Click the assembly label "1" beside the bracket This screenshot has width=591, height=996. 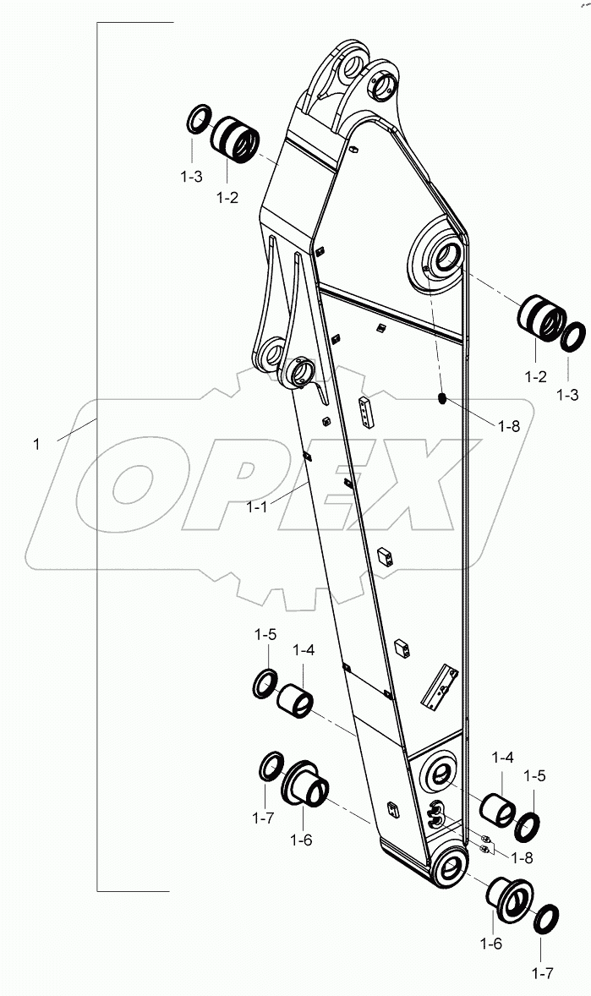pyautogui.click(x=36, y=443)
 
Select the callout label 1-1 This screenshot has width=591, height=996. pyautogui.click(x=257, y=507)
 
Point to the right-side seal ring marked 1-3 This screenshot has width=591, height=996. pyautogui.click(x=573, y=337)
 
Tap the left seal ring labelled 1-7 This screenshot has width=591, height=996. pyautogui.click(x=271, y=766)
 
